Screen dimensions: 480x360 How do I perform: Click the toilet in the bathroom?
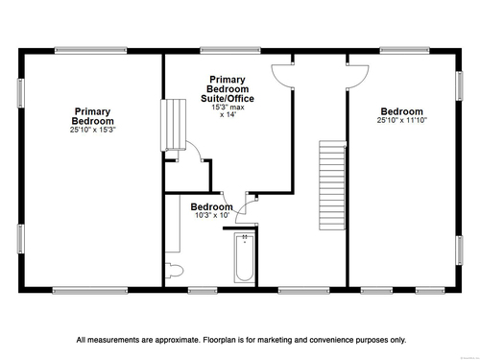tap(174, 271)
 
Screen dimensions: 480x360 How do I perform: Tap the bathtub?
tap(245, 257)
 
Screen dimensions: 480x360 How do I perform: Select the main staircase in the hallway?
tap(332, 185)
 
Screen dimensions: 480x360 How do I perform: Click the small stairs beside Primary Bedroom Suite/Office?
tap(173, 125)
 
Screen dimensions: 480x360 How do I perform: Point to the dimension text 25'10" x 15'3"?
tap(93, 130)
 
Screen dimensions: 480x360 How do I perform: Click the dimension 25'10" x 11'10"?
tap(402, 120)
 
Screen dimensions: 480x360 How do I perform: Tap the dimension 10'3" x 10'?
tap(212, 215)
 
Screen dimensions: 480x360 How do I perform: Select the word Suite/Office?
tap(228, 99)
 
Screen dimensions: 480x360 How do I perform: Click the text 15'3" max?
tap(228, 108)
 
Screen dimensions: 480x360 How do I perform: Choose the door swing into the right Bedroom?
tap(358, 76)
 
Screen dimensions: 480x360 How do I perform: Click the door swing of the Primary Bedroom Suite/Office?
tap(282, 76)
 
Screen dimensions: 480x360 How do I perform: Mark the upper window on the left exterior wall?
tap(21, 93)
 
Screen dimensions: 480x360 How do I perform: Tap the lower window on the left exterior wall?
tap(21, 239)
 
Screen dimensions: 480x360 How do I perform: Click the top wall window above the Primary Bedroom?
tap(91, 50)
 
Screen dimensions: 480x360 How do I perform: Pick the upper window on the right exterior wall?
tap(459, 85)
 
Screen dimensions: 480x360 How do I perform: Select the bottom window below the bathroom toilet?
tap(203, 290)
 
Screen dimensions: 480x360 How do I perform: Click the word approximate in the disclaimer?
tap(178, 340)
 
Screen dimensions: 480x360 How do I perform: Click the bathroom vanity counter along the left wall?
tap(173, 224)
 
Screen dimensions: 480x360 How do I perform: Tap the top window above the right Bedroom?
tap(404, 50)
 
